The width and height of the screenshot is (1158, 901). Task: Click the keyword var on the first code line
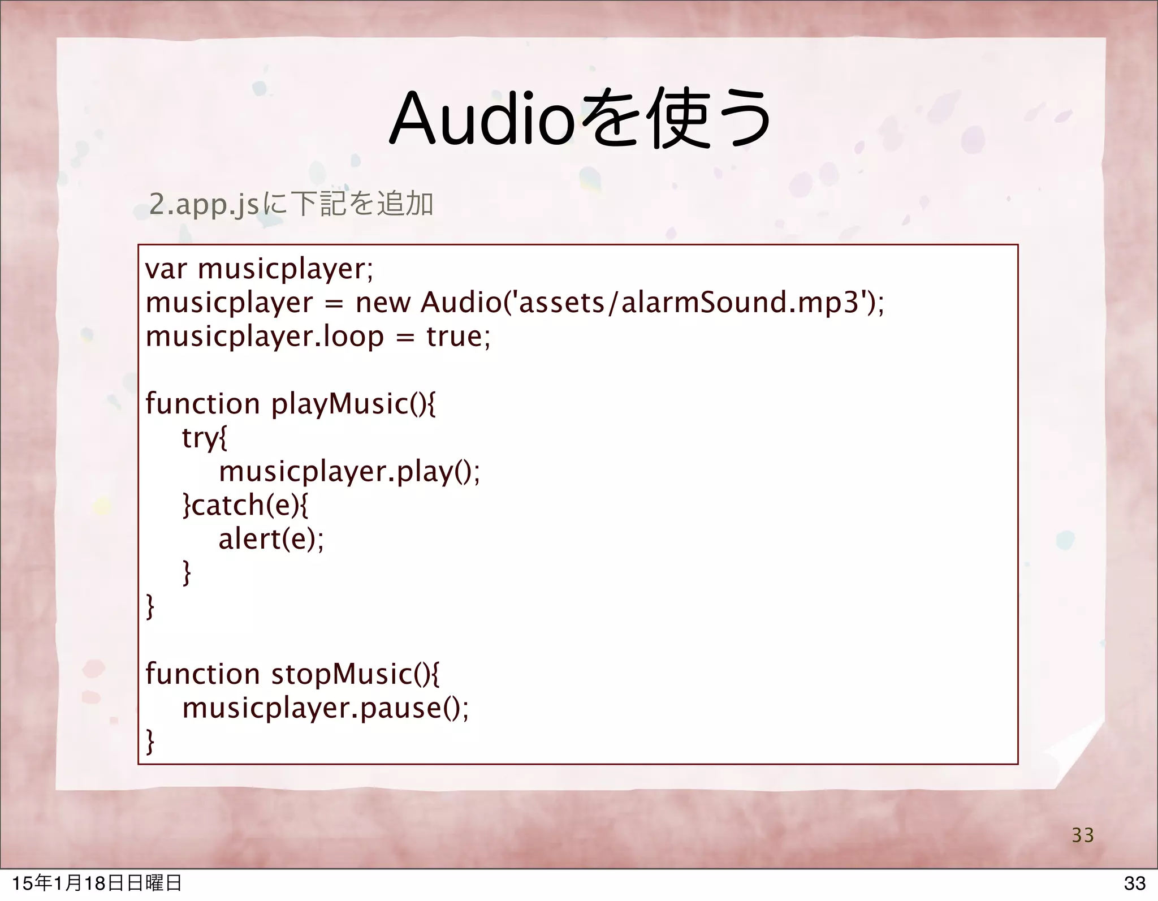click(165, 270)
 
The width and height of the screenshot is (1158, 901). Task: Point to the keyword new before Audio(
click(382, 304)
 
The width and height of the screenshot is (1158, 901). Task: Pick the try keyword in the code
click(200, 438)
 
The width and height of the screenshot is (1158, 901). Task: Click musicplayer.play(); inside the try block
click(349, 472)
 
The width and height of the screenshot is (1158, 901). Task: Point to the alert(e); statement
click(271, 539)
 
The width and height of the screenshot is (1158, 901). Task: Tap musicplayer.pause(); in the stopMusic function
click(325, 708)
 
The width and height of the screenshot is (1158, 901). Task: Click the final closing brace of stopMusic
click(150, 742)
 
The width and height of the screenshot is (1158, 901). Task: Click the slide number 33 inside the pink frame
click(1083, 835)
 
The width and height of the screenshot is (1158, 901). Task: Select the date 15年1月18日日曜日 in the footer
click(97, 883)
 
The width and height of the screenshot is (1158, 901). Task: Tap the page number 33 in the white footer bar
click(1134, 883)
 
